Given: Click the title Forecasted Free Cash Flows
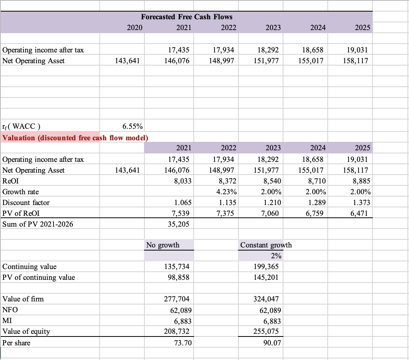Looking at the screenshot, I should coord(187,17).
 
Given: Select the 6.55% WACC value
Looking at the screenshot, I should coord(132,126).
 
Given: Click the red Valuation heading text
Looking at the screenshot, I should coord(75,138).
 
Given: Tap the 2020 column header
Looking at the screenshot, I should coord(135,27).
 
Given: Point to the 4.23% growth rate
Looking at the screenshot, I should coord(226,192).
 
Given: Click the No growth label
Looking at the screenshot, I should coord(163,245).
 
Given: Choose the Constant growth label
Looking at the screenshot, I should coord(266,245).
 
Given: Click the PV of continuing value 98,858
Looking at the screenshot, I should coord(179,277).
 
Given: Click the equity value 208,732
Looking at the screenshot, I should coord(179,331).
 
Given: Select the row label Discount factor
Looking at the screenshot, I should coord(26,202).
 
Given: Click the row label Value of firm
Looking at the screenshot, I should coord(23,299).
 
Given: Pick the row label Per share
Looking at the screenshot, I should coord(16,343).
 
